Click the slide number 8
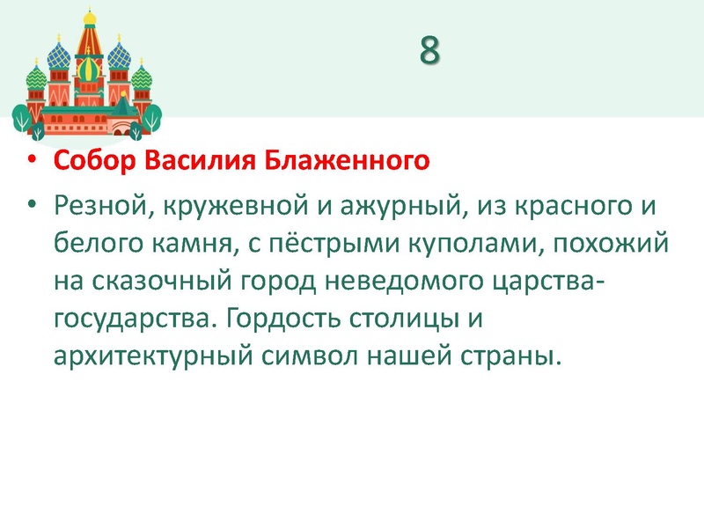tap(429, 52)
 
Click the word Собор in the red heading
tap(94, 162)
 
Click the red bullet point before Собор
tap(33, 163)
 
